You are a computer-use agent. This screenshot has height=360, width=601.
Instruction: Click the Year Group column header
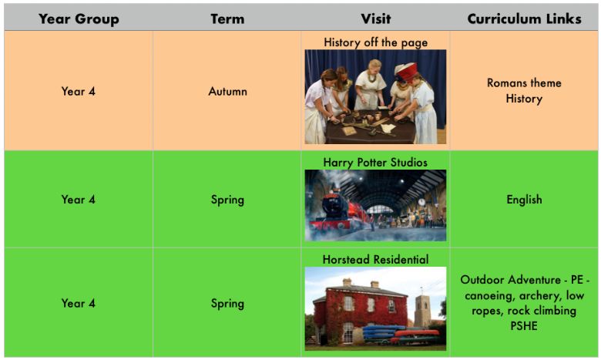[x=79, y=19]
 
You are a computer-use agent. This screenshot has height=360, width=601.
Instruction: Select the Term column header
[x=227, y=19]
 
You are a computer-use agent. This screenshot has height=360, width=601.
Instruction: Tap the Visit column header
[x=376, y=19]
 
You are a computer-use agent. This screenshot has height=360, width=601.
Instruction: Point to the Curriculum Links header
[x=524, y=19]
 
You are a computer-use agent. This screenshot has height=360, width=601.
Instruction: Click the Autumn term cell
[x=227, y=91]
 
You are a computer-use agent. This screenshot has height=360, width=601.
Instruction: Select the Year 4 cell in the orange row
[x=78, y=91]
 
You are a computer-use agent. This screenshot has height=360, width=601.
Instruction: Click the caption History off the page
[x=376, y=42]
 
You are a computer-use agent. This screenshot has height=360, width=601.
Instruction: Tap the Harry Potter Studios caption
[x=375, y=162]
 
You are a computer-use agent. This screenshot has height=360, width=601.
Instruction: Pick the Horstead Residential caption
[x=376, y=260]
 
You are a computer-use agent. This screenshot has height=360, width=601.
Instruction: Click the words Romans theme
[x=524, y=82]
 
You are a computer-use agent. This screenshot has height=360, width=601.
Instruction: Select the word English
[x=524, y=200]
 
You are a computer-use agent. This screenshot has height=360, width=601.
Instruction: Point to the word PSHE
[x=524, y=326]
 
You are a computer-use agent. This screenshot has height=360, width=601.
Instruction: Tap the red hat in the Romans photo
[x=408, y=71]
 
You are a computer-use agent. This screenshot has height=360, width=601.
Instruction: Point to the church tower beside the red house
[x=422, y=311]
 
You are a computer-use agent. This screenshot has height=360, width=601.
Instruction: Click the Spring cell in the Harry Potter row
[x=227, y=200]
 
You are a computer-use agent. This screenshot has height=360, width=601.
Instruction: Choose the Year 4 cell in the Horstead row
[x=78, y=303]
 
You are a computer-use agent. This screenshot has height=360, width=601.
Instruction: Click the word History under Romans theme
[x=524, y=99]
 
